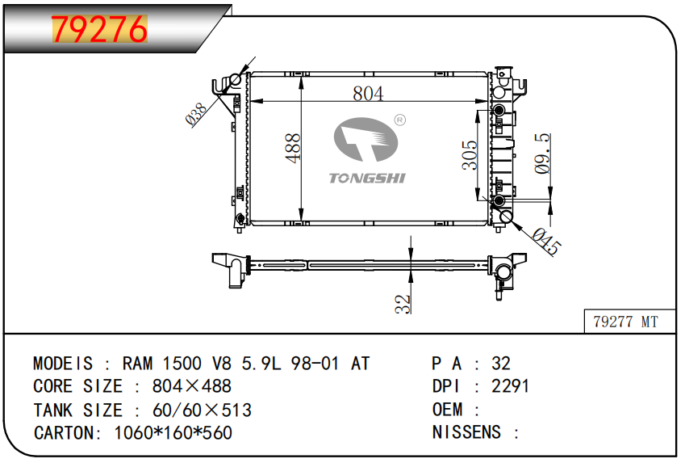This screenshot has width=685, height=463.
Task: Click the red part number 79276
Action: point(99,29)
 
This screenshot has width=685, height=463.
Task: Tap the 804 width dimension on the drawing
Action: point(368,93)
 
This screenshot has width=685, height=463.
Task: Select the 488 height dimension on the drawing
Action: point(293,149)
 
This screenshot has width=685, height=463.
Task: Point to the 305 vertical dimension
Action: point(470,155)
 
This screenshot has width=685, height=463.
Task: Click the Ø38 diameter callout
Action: point(196,114)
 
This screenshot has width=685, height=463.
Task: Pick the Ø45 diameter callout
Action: point(545,241)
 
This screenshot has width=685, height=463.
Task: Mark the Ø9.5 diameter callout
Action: point(542,154)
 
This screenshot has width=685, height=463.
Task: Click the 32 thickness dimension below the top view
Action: point(403,304)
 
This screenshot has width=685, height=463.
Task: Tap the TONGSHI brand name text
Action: point(367,178)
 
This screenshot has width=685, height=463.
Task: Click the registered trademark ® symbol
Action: point(399,120)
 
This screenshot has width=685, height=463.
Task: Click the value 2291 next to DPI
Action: point(510,386)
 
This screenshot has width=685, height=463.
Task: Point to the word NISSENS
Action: point(466,432)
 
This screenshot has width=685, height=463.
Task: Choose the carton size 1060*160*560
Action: point(173,433)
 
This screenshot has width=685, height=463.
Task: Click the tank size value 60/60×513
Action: point(202,410)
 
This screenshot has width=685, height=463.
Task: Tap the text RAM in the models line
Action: point(137,364)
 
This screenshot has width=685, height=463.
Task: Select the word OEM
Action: point(447,409)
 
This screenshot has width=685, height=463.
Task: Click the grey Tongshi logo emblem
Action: point(366,139)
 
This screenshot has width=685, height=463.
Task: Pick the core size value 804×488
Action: point(192,386)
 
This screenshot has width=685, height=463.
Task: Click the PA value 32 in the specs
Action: point(501,364)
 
